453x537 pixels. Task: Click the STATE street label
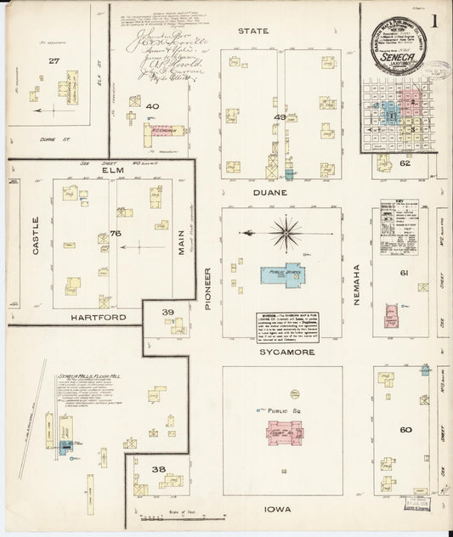[x=252, y=31]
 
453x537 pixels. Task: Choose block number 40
[x=153, y=106]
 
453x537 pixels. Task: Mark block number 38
[x=158, y=468]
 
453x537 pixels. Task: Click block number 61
[x=405, y=273]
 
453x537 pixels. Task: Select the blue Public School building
[x=278, y=274]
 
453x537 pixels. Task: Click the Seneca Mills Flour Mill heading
[x=86, y=375]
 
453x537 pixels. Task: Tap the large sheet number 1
[x=435, y=20]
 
